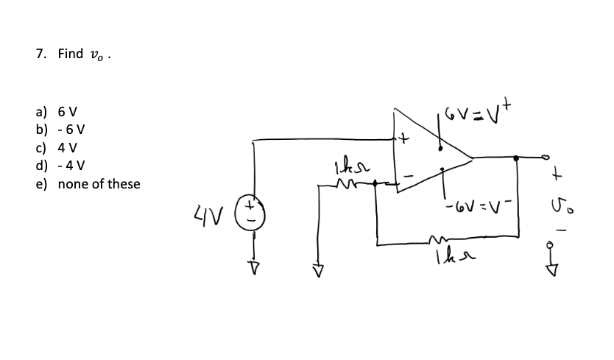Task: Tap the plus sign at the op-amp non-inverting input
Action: (x=404, y=138)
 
